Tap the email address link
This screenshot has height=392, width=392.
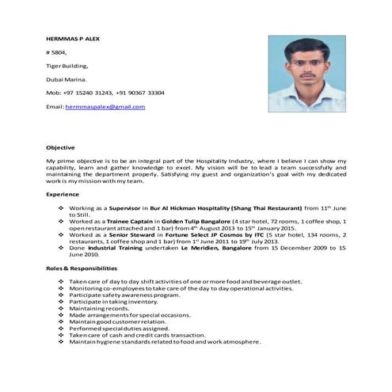click(x=105, y=106)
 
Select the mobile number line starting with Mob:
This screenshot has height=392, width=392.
click(x=105, y=93)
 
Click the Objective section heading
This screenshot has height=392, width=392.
click(x=60, y=147)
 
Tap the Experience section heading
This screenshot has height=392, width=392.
click(x=63, y=193)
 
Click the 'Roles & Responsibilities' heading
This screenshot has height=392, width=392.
click(x=84, y=270)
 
